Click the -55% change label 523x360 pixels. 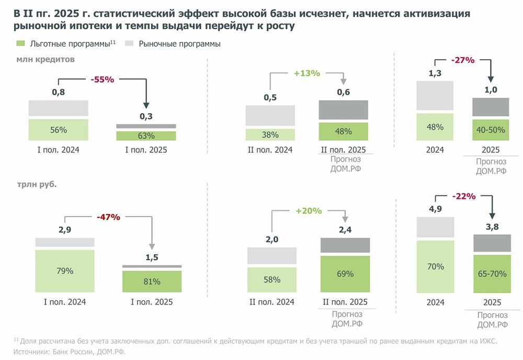coord(102,80)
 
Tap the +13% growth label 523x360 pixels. coord(306,74)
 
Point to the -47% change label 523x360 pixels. coord(108,217)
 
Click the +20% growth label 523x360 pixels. coord(308,211)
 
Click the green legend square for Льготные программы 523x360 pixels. coord(20,43)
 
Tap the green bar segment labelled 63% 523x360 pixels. coord(146,136)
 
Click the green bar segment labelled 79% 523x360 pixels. coord(65,271)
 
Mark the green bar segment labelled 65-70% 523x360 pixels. coord(492,273)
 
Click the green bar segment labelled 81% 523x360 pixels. coord(152,282)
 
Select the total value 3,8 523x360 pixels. coord(491,227)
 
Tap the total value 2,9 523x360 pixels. coord(64,230)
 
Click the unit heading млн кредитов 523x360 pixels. coord(46,60)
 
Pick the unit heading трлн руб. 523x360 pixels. coord(36,185)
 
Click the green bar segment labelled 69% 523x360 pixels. coord(345,273)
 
